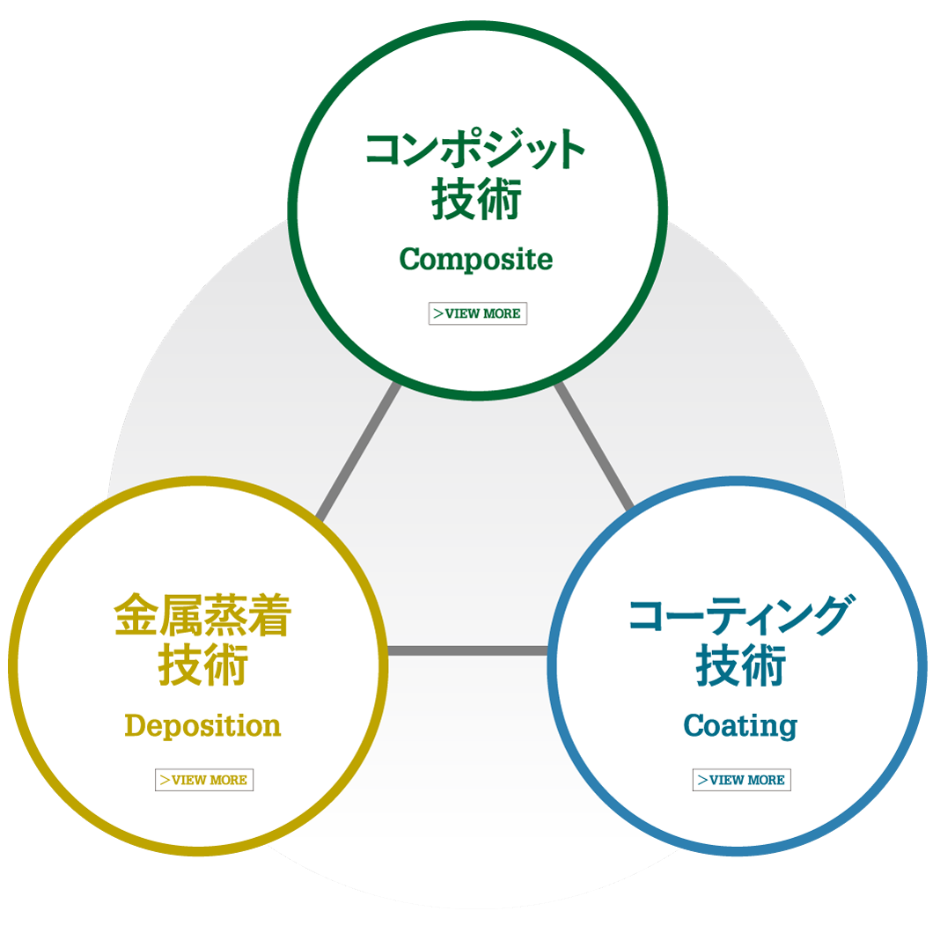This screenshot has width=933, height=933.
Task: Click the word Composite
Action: [476, 260]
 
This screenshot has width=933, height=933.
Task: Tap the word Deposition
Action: [202, 726]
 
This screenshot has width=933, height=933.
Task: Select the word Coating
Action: [740, 726]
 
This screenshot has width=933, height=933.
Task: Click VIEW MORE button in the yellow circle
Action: [204, 780]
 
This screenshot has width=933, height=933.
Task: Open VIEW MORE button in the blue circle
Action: [741, 780]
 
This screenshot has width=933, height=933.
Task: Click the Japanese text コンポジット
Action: [475, 149]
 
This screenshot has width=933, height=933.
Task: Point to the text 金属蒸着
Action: [202, 617]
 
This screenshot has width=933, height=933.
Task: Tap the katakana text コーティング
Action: [740, 615]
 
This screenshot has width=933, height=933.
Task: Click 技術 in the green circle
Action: [476, 200]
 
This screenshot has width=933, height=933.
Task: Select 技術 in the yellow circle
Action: [202, 666]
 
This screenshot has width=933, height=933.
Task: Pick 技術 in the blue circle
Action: [740, 666]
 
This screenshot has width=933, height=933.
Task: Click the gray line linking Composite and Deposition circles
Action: [357, 451]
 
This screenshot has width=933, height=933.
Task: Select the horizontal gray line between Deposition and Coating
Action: [467, 651]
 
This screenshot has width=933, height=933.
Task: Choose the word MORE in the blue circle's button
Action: [766, 780]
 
